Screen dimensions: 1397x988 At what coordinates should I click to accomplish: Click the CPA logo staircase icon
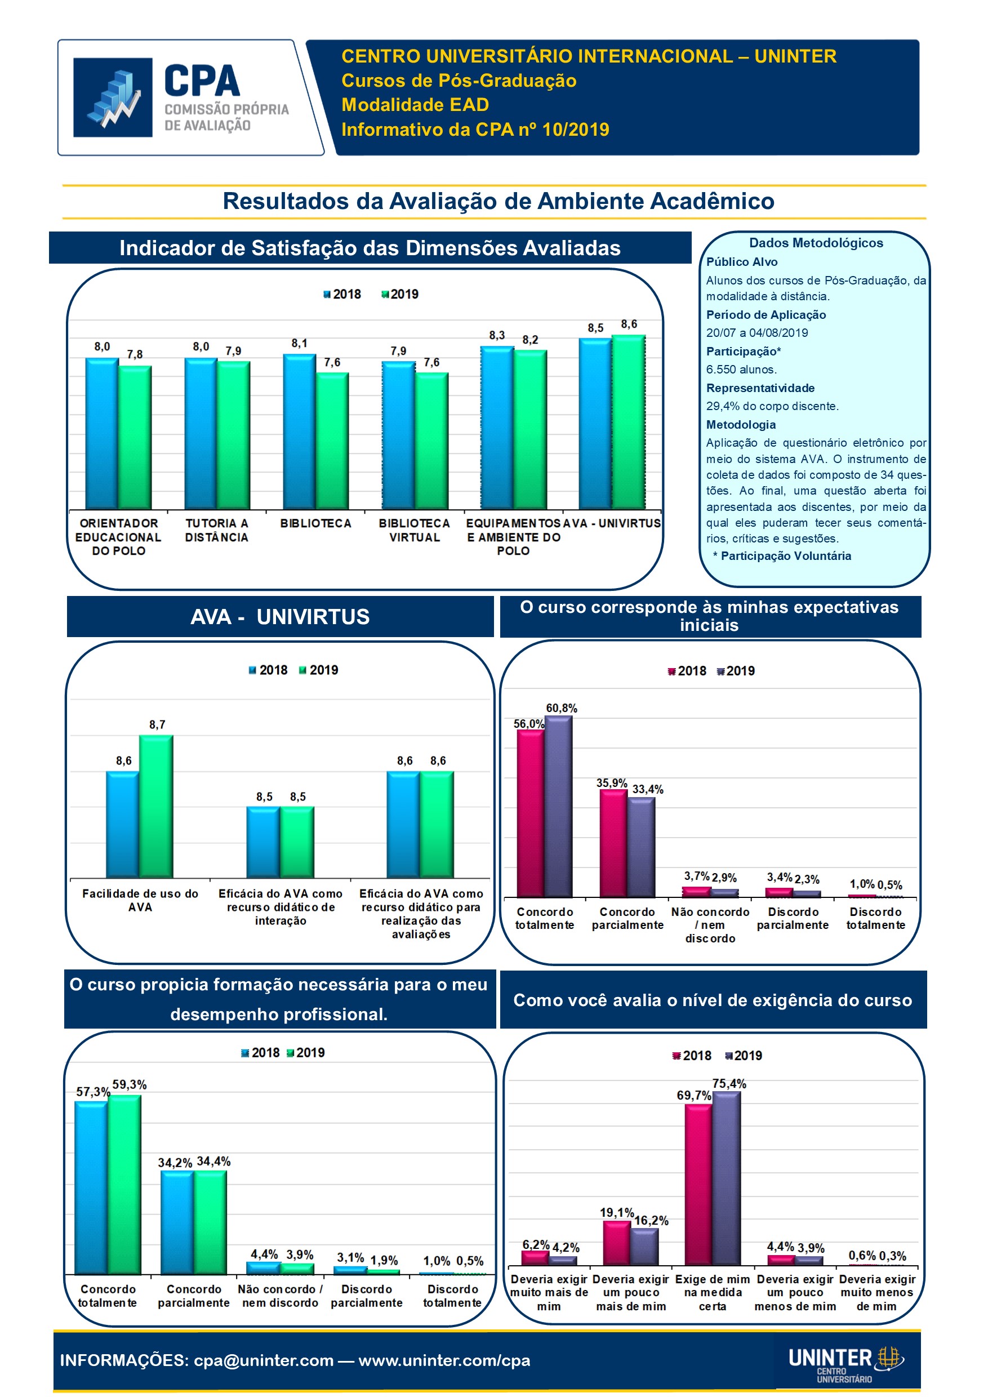pos(113,97)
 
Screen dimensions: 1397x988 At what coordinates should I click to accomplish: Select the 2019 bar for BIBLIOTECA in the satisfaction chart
pos(332,441)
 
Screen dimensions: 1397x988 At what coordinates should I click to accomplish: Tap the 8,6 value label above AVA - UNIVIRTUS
pos(629,324)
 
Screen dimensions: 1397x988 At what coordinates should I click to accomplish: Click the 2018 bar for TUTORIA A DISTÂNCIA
pos(201,433)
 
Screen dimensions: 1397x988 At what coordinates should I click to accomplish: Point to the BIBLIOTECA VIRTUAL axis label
pos(415,530)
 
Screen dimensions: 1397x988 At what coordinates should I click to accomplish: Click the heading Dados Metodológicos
pos(816,243)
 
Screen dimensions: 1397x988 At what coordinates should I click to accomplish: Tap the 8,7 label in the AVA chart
pos(157,724)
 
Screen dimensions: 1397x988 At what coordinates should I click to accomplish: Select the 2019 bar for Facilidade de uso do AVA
pos(157,806)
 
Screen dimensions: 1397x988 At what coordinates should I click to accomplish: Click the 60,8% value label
pos(562,708)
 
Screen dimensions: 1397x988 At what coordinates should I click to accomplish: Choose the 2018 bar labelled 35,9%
pos(613,843)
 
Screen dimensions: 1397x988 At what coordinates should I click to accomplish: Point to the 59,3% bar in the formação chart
pos(124,1184)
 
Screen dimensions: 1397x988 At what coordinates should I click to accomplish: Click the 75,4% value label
pos(729,1084)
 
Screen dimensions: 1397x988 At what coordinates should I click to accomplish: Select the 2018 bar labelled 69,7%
pos(698,1184)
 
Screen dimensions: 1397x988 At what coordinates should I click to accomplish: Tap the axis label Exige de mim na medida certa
pos(713,1292)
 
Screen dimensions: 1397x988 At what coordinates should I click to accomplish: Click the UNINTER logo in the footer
pos(845,1360)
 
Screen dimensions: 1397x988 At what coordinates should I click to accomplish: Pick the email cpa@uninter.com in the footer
pos(264,1360)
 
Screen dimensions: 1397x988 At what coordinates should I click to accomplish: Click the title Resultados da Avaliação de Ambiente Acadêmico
pos(499,202)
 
